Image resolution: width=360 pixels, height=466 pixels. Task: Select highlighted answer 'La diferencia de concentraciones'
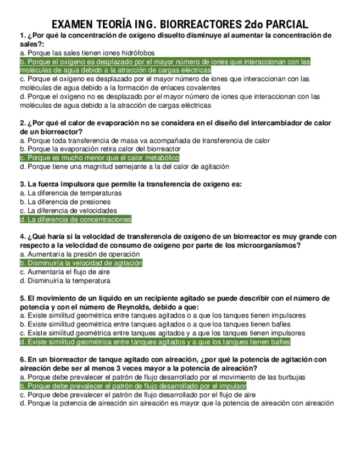pyautogui.click(x=76, y=220)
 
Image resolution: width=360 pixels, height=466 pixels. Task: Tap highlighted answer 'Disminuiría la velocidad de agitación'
pyautogui.click(x=81, y=263)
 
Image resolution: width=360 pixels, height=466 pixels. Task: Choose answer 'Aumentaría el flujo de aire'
pyautogui.click(x=65, y=272)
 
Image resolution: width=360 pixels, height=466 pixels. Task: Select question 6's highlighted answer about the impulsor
pyautogui.click(x=133, y=386)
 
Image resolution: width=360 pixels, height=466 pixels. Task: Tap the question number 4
pyautogui.click(x=21, y=237)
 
